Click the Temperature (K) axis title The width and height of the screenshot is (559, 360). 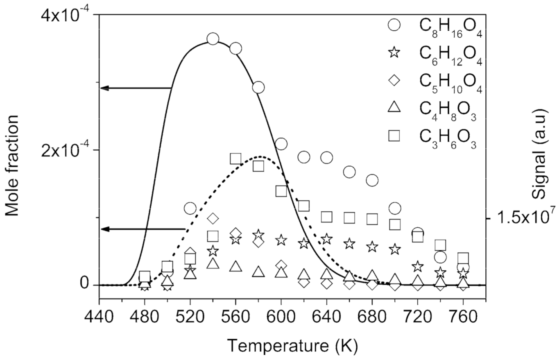coord(292,346)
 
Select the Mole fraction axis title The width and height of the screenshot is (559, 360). coord(13,165)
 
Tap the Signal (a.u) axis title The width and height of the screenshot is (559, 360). coord(541,154)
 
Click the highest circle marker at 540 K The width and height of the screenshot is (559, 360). coord(213,39)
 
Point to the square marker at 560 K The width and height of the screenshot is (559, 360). coord(235,158)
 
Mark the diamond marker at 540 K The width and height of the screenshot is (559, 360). coord(213,218)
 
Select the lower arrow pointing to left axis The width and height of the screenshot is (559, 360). coord(143,229)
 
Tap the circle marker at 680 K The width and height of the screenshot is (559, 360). coord(372,180)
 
